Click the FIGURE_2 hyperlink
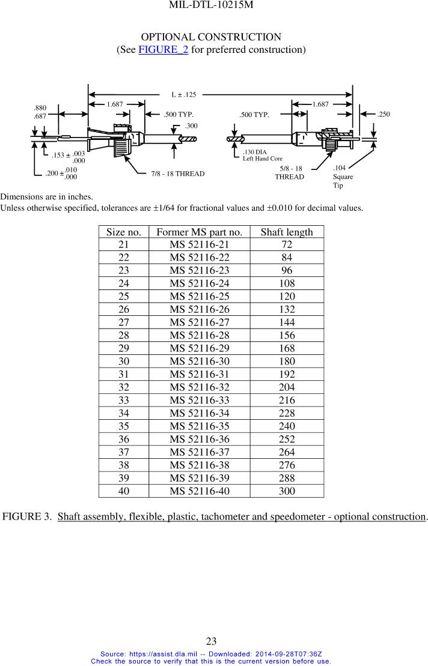point(163,49)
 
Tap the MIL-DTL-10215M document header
point(211,5)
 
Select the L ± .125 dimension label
point(184,94)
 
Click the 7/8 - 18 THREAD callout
point(178,174)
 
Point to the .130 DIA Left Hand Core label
point(262,156)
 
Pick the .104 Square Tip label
point(343,177)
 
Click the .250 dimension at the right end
point(384,114)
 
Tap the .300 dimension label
point(191,126)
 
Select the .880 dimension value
point(40,108)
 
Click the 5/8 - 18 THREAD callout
point(290,173)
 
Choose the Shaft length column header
point(287,232)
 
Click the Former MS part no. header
point(199,232)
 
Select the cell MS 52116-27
point(199,322)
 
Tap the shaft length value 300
point(287,491)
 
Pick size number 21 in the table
point(123,245)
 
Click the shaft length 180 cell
point(287,361)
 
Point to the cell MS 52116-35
point(199,426)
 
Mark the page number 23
point(211,641)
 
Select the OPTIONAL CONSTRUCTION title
point(211,37)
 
